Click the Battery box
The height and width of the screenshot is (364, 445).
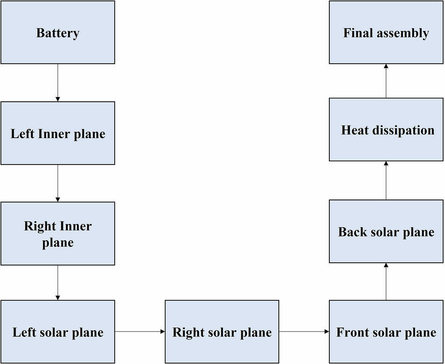click(x=58, y=32)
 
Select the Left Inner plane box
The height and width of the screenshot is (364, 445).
click(x=58, y=134)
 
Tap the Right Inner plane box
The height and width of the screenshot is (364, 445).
click(x=58, y=234)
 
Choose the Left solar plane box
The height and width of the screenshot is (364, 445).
click(x=58, y=332)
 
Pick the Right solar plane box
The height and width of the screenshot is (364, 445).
click(x=222, y=332)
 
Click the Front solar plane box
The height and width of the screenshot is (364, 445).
click(x=386, y=332)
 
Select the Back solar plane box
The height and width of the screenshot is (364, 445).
click(x=386, y=231)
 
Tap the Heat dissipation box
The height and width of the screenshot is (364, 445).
click(x=386, y=130)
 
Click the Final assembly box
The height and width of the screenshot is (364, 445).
click(x=386, y=32)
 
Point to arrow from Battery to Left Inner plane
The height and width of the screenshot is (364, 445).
click(x=58, y=82)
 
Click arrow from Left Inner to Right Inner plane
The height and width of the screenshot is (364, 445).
click(x=58, y=183)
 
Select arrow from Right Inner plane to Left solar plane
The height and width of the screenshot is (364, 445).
click(x=58, y=282)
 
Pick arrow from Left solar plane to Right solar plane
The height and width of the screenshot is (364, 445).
click(x=140, y=332)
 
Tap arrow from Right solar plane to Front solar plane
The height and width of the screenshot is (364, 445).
click(x=304, y=332)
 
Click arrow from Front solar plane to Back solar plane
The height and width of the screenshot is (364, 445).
click(x=386, y=281)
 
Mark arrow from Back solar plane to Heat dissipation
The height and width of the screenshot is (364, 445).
click(x=386, y=180)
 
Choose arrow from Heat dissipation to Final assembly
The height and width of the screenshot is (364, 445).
click(x=386, y=81)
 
